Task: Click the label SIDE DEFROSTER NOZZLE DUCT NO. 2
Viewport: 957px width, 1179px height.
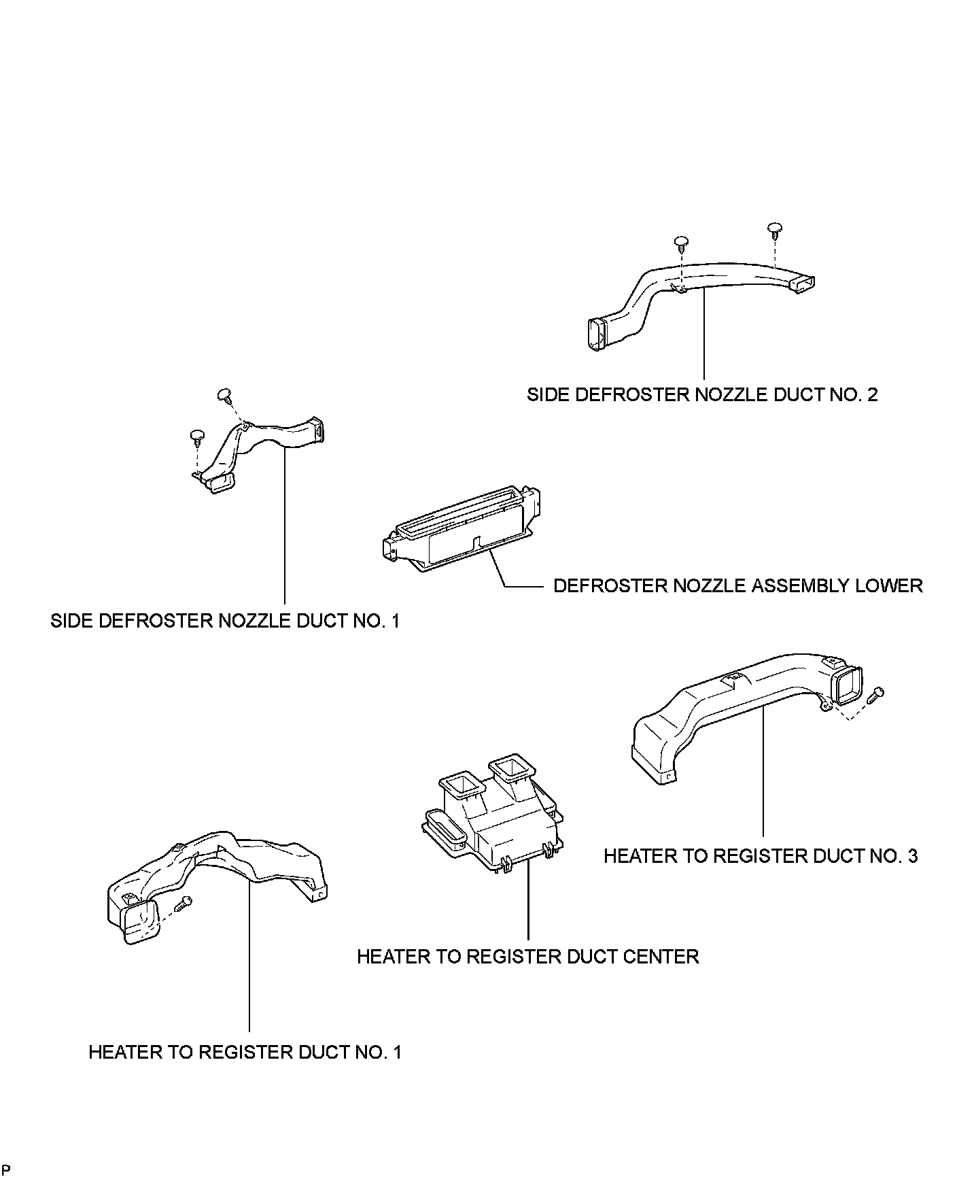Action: click(702, 394)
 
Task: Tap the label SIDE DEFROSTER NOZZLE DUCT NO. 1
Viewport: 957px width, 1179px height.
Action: click(225, 621)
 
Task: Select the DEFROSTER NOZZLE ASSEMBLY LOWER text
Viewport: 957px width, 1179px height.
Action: click(737, 585)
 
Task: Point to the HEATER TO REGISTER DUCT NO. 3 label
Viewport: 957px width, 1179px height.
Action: click(761, 855)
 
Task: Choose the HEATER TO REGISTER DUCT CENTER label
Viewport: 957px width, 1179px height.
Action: click(527, 957)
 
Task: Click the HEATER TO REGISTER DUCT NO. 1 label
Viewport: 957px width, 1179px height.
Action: click(245, 1052)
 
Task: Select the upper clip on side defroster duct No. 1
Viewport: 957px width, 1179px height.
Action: click(225, 394)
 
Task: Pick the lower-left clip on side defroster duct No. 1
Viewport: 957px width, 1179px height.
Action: click(196, 435)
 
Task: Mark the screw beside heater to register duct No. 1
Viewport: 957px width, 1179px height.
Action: click(184, 904)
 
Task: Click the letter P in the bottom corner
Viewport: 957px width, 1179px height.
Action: click(6, 1169)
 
